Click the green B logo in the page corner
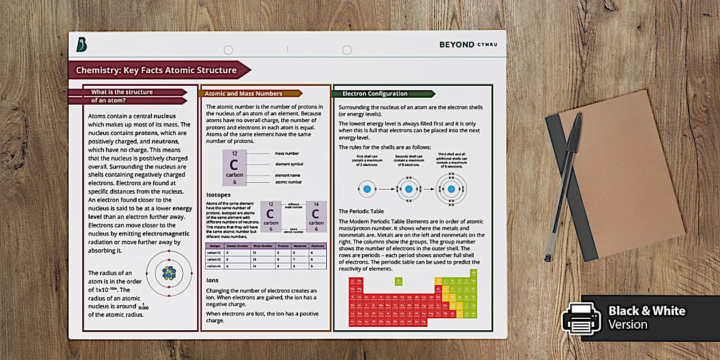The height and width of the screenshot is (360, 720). pos(82,44)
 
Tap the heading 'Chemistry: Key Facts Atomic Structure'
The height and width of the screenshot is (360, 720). pos(157,70)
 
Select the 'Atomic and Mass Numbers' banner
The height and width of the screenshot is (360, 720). pos(243,94)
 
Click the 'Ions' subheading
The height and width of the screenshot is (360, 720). pos(212,281)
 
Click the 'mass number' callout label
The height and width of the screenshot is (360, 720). pos(286,153)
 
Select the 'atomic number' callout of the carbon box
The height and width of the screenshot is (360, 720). pos(288,182)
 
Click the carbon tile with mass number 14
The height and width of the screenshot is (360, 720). pos(316,217)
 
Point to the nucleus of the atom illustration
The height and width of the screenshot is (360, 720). pos(169,273)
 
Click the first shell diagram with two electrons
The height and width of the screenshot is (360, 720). pos(367,189)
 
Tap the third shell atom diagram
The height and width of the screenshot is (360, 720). pos(451,189)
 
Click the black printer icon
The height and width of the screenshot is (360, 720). pos(581,318)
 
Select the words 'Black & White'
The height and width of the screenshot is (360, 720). pos(646,311)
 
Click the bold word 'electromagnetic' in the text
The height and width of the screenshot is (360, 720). pos(167,234)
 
